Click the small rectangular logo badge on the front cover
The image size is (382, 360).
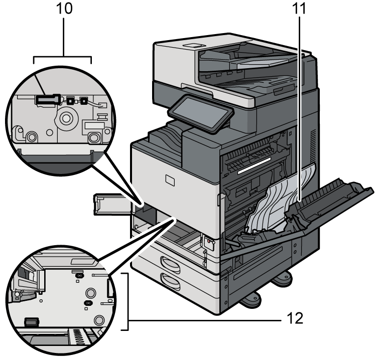click(169, 179)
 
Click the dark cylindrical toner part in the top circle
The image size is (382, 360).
click(47, 100)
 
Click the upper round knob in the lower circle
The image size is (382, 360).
click(91, 293)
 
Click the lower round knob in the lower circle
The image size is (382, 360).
click(98, 319)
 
